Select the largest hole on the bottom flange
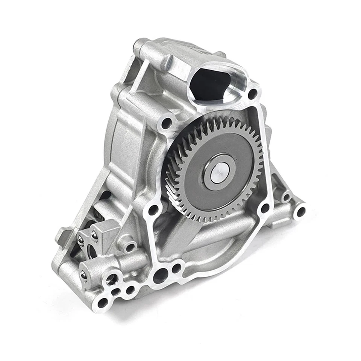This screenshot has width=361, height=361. [x=160, y=276]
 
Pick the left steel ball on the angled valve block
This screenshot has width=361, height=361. [x=80, y=241]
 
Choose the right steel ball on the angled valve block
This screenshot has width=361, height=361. [x=94, y=236]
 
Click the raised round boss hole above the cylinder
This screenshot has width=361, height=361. [x=130, y=247]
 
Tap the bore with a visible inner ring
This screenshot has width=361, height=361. [x=111, y=279]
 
